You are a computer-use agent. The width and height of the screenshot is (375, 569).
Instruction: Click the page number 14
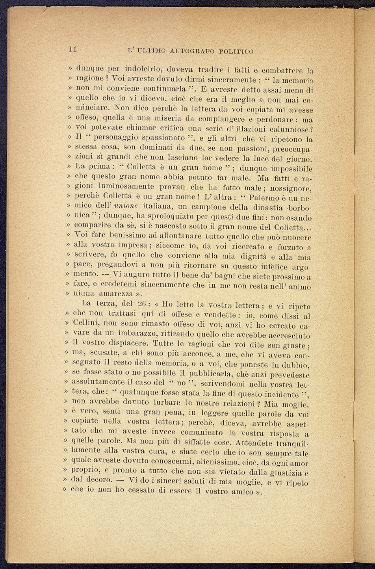[72, 49]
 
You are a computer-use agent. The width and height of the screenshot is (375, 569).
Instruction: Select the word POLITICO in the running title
[236, 51]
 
